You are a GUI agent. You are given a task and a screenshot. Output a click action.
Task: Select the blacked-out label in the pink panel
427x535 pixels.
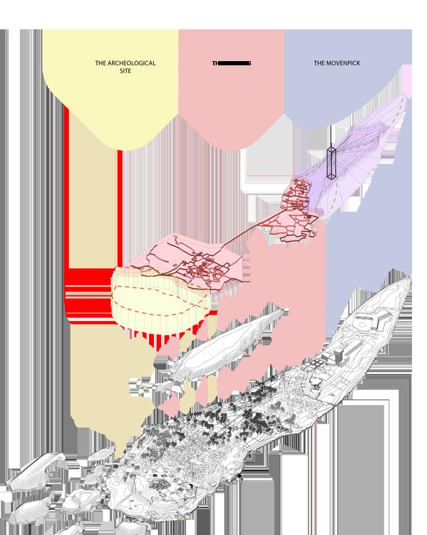click(231, 63)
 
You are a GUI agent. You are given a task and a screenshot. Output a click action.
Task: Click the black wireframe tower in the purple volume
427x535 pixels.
click(331, 162)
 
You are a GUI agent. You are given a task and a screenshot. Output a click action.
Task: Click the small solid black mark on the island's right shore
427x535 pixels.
click(239, 476)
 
